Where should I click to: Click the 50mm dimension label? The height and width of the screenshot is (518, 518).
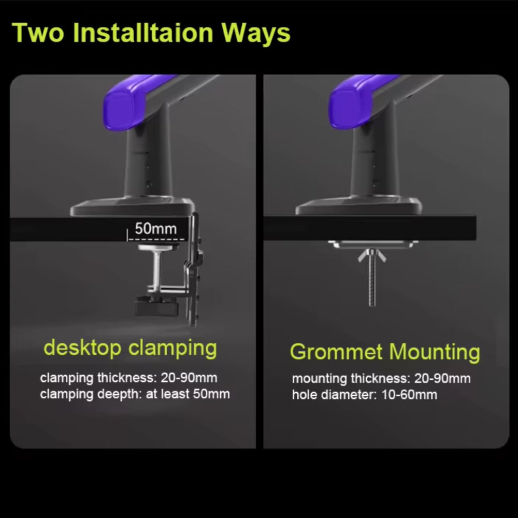(155, 228)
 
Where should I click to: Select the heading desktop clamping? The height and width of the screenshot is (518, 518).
(130, 348)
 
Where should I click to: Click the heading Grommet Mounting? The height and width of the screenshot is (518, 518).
(385, 352)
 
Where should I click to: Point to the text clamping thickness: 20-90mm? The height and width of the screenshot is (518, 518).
(128, 378)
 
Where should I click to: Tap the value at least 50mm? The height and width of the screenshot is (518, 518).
(188, 394)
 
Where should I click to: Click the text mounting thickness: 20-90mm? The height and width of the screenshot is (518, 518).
(381, 379)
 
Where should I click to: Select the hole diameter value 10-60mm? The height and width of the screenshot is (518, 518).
(415, 395)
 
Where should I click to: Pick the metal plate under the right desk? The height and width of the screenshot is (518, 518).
(371, 243)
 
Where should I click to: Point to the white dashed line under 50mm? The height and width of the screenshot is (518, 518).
(154, 239)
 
